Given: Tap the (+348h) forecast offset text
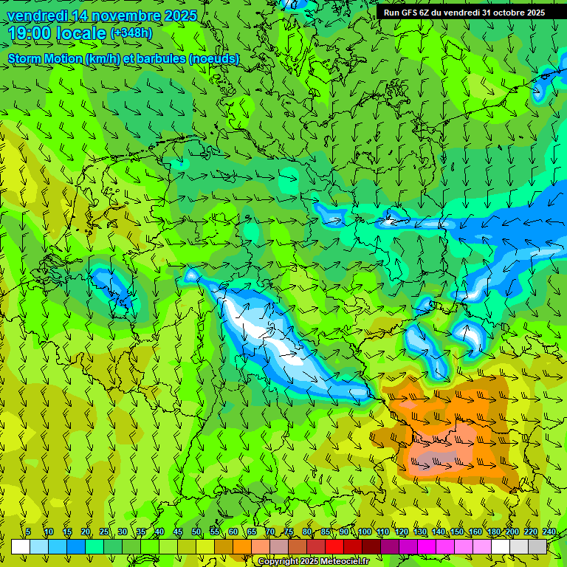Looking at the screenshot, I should pos(131,33).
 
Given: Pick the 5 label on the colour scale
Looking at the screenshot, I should pos(28,532).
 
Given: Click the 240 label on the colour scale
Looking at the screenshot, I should pos(549,532).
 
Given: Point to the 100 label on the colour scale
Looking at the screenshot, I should pos(365,532).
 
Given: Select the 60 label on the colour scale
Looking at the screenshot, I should pos(233,532).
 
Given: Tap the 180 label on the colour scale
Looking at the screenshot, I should pos(494,532).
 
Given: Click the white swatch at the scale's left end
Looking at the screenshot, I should pos(20,546).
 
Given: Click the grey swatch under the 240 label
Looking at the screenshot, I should pos(537,546).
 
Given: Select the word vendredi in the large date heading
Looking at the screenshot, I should pos(34,16).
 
